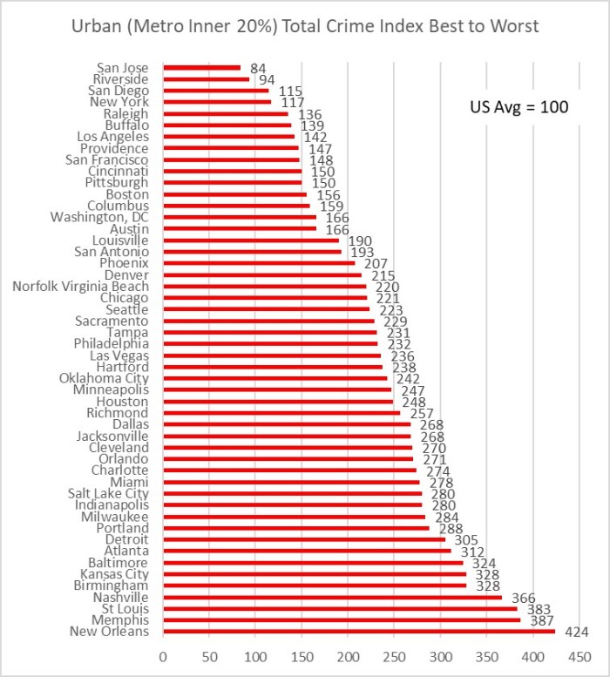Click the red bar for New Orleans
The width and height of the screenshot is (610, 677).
coord(358,631)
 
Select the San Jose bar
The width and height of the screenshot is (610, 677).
coord(201,67)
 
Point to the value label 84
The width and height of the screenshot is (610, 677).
coord(257,68)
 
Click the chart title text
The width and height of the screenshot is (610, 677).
coord(305,26)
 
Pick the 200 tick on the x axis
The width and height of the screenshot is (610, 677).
coord(348,654)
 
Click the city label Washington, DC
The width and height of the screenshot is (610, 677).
coord(99,217)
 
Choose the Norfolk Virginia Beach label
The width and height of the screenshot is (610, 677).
coord(80,286)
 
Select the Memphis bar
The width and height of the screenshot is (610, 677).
coord(341,619)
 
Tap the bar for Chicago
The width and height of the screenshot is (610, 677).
coord(265,298)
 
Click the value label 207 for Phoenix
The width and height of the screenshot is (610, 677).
coord(375,263)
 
